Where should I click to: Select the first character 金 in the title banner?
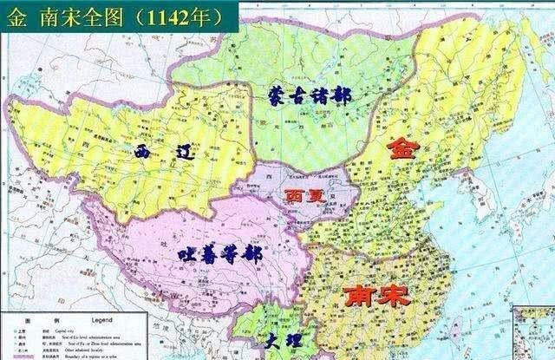click(x=16, y=16)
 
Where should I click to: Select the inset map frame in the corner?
click(x=533, y=334)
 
